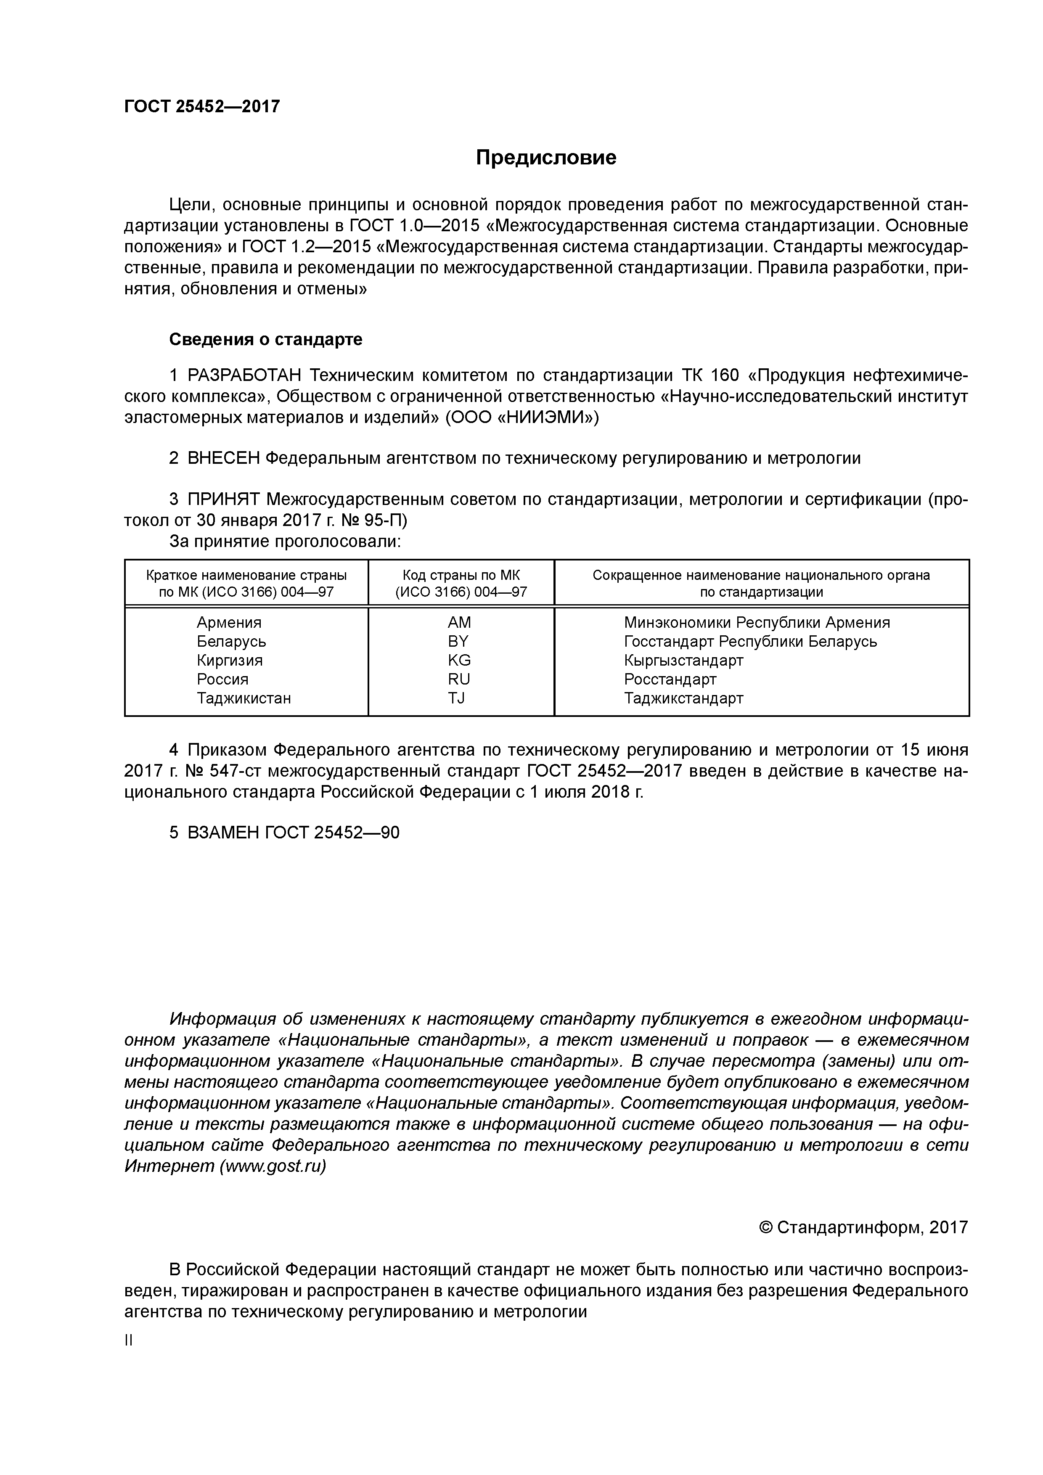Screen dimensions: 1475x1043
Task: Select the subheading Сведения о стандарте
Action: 265,339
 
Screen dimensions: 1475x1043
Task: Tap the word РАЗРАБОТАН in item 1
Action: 244,375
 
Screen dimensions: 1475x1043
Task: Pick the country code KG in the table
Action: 459,661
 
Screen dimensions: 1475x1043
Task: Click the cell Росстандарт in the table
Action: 670,679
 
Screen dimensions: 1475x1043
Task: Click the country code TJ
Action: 456,698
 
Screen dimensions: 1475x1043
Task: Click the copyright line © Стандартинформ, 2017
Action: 863,1228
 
